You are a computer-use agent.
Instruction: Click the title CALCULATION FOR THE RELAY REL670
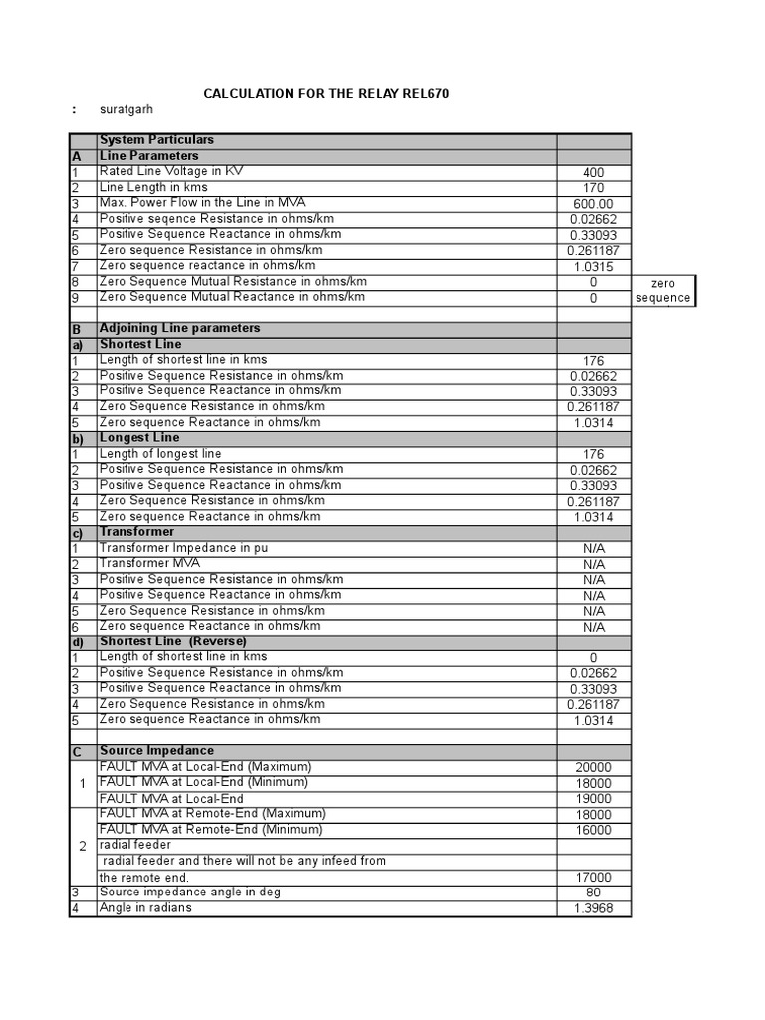coord(327,94)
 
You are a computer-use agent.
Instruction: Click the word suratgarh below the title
coord(127,109)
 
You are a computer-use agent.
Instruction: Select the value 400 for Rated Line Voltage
coord(594,173)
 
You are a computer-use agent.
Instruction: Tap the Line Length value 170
coord(594,188)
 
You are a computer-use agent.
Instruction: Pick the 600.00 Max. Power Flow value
coord(594,204)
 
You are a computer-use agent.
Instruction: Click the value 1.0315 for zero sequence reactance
coord(594,267)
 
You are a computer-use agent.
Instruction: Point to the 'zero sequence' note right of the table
coord(662,291)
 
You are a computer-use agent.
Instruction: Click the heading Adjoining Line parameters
coord(179,328)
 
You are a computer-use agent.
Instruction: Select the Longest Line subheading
coord(139,437)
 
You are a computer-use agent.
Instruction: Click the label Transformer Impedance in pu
coord(183,548)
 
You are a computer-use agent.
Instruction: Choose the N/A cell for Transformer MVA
coord(594,564)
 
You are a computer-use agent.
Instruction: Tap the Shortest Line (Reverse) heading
coord(173,641)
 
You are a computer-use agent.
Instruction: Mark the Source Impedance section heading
coord(156,750)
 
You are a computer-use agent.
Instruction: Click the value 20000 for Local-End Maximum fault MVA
coord(594,767)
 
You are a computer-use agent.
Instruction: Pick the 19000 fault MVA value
coord(594,799)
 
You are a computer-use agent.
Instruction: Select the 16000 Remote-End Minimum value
coord(594,830)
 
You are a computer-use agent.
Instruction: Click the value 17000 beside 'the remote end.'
coord(594,878)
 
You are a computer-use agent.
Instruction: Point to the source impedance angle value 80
coord(594,893)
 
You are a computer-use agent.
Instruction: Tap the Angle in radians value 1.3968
coord(594,909)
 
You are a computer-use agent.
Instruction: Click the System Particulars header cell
coord(156,140)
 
